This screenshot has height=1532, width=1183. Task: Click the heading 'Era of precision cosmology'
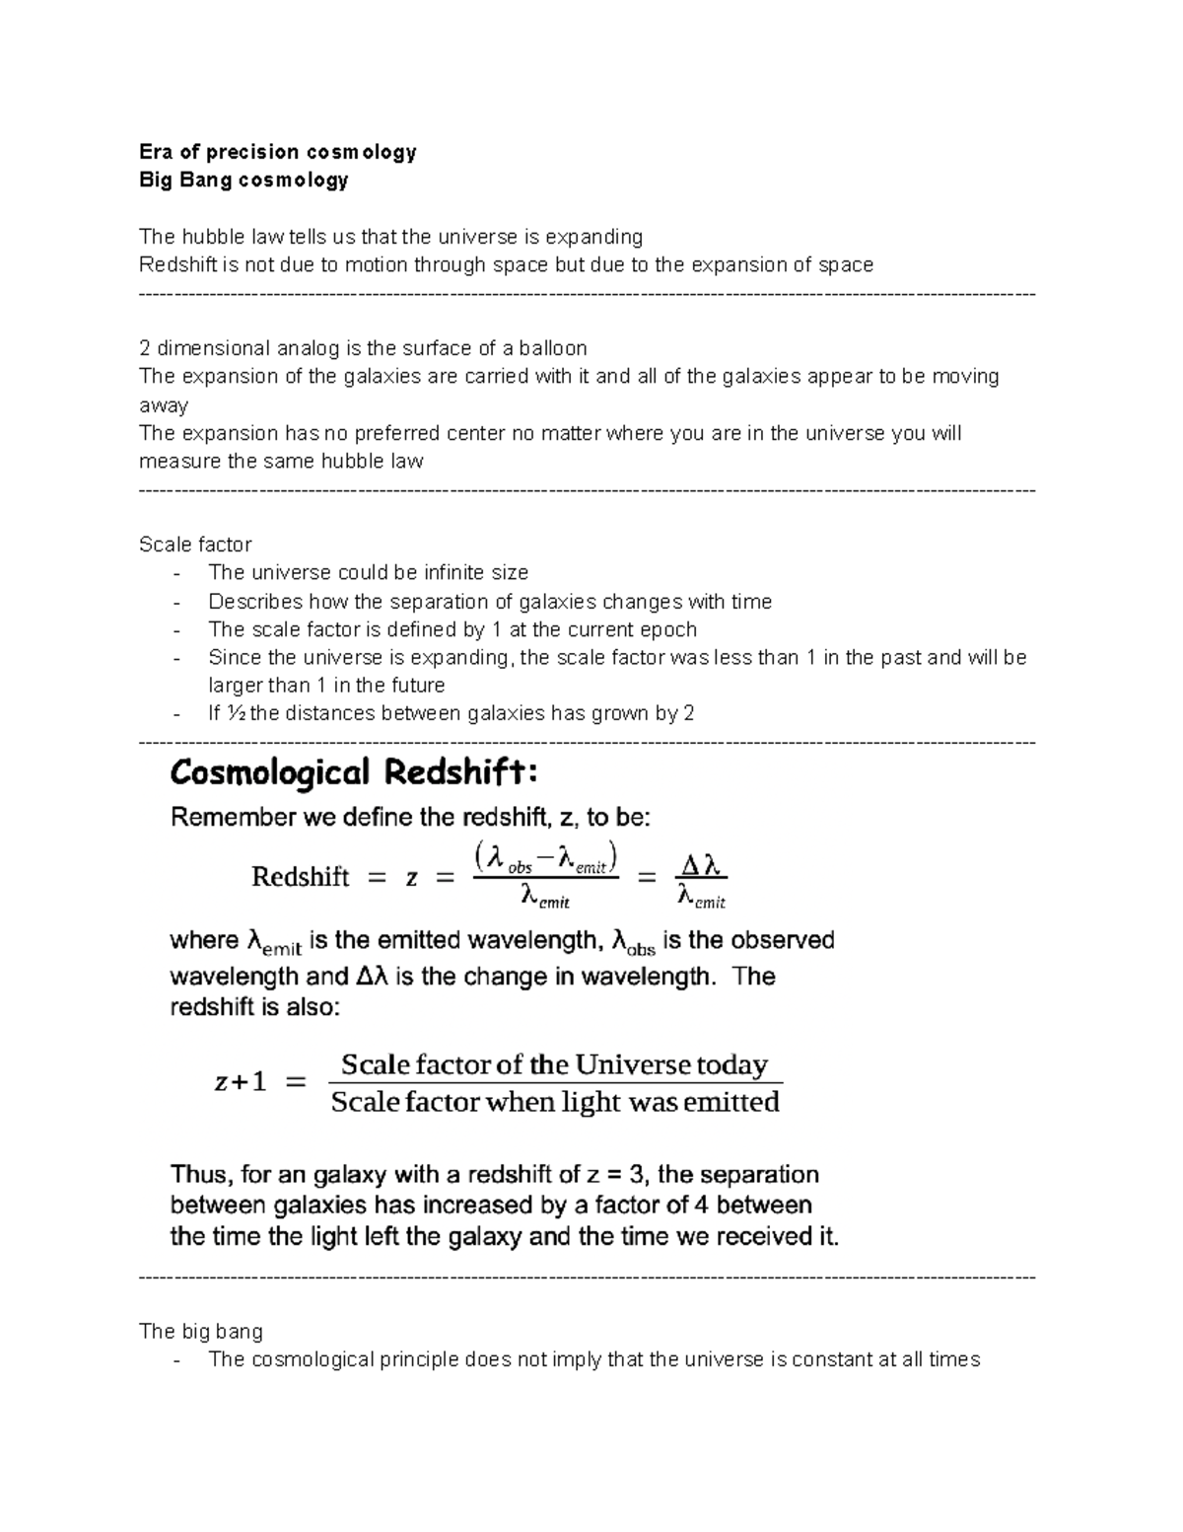277,152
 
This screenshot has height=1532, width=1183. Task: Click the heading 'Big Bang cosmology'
244,180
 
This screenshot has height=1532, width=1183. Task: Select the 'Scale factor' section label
195,545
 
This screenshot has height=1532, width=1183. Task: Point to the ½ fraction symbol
235,713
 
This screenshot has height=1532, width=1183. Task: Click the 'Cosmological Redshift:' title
354,772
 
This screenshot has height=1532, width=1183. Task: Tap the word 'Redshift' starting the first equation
300,877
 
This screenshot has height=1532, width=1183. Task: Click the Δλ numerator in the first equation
701,865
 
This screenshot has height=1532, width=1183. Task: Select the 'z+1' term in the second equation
241,1082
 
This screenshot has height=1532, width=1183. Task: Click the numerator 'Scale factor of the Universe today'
554,1065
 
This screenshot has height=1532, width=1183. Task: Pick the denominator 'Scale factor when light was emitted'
555,1102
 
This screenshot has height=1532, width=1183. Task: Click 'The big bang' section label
201,1332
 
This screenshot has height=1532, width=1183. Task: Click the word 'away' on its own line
164,405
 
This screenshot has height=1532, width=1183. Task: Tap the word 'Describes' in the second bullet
255,602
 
